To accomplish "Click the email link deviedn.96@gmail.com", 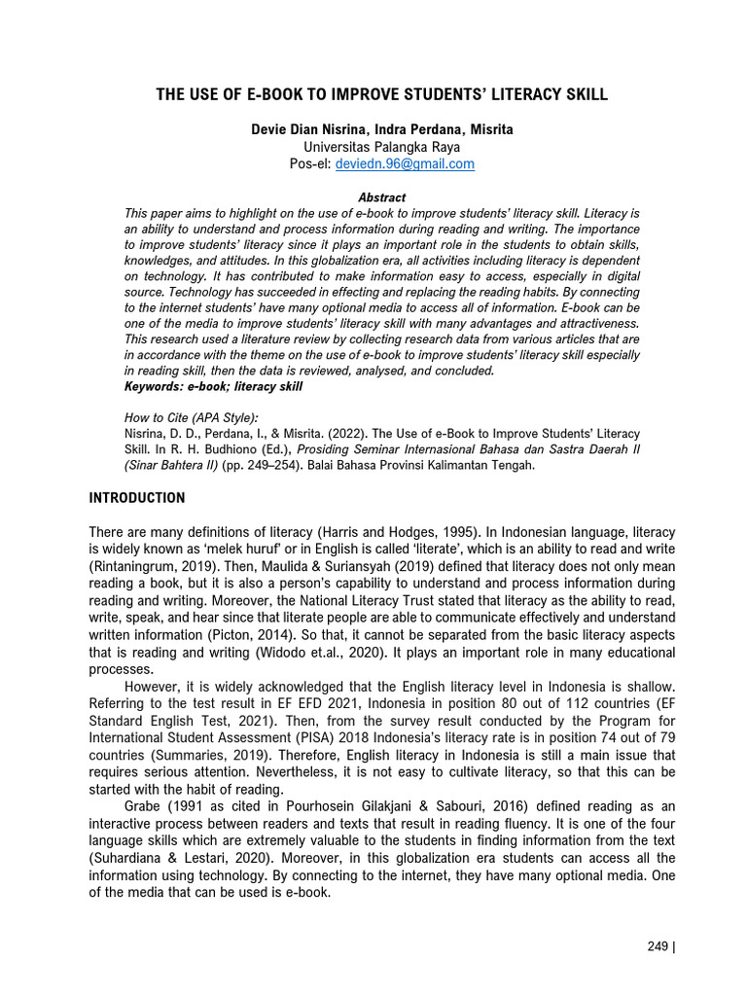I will click(405, 164).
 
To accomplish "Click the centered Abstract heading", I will click(381, 197).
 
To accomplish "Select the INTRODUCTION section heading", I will click(136, 498).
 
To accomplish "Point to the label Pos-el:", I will click(310, 164).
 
